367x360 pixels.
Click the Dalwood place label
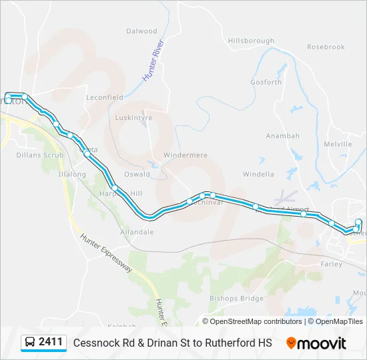click(141, 31)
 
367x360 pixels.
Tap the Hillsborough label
click(251, 41)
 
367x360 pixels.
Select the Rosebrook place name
click(326, 47)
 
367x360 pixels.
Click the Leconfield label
click(105, 97)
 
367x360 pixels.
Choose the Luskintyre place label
click(133, 117)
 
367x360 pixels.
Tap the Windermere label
click(186, 155)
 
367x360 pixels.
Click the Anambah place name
click(283, 136)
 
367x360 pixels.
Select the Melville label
click(338, 144)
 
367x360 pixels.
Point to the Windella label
click(258, 175)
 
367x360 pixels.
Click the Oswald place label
click(137, 175)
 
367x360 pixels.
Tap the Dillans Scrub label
click(40, 155)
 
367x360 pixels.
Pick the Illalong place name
click(73, 174)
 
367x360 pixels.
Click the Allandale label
click(137, 232)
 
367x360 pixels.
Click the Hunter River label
click(153, 61)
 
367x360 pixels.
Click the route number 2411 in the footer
click(51, 342)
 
